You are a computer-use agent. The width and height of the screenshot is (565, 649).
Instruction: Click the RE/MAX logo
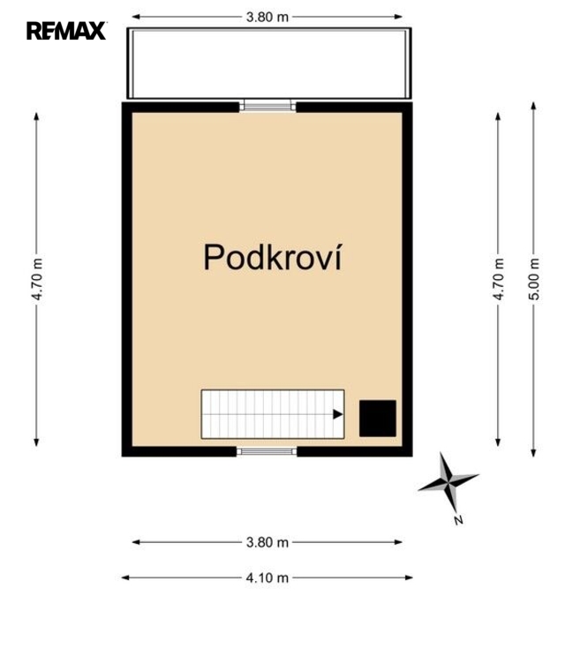[x=66, y=31]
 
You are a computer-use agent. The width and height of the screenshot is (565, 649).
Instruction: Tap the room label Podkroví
[x=273, y=257]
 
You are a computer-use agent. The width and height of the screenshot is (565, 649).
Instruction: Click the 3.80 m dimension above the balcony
[x=267, y=17]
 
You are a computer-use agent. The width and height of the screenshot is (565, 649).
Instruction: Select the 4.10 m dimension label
[x=267, y=577]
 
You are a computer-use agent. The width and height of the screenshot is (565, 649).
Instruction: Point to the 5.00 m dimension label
[x=534, y=279]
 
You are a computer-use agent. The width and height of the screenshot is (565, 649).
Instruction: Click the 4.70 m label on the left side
[x=36, y=279]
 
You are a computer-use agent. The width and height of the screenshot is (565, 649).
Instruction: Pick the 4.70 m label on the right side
[x=499, y=279]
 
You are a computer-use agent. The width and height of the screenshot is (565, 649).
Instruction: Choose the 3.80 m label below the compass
[x=267, y=542]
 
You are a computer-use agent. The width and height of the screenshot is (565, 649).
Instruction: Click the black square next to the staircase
[x=378, y=418]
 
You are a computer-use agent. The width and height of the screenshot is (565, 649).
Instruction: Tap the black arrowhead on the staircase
[x=338, y=414]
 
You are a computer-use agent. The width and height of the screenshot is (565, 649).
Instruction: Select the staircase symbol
[x=273, y=414]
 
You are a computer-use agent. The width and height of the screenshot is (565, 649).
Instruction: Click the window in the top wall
[x=267, y=106]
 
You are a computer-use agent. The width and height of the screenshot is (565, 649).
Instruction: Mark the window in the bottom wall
[x=267, y=451]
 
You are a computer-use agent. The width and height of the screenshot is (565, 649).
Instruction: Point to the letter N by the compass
[x=458, y=520]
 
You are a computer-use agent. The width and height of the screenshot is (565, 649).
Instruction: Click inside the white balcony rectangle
[x=269, y=64]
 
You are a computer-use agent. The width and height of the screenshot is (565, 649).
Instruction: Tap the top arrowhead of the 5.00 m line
[x=534, y=106]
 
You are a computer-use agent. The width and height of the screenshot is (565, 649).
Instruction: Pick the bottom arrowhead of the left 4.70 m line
[x=36, y=442]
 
